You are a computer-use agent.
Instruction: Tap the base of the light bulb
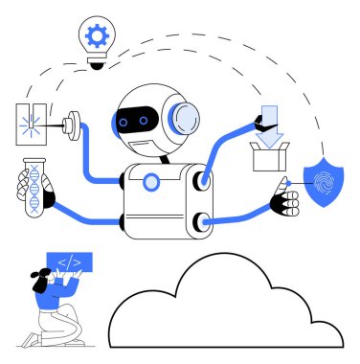96,62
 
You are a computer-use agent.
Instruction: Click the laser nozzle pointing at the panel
70,125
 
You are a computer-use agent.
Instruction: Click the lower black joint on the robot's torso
200,222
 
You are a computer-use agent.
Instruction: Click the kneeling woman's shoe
32,341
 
